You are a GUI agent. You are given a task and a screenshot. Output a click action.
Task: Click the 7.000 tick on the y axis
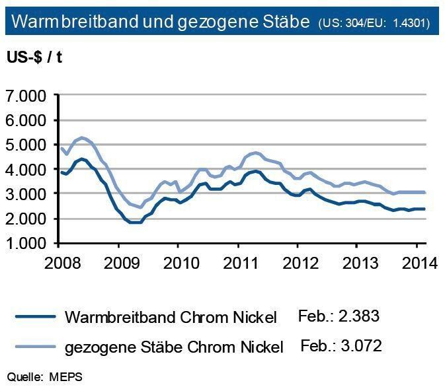(x=28, y=96)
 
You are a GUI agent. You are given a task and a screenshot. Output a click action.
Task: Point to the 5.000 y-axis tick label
(x=28, y=145)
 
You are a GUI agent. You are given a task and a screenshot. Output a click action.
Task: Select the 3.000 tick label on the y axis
(x=28, y=194)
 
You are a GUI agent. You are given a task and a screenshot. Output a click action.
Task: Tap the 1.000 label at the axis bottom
(x=28, y=243)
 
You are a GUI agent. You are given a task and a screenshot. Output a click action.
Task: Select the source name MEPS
(x=69, y=376)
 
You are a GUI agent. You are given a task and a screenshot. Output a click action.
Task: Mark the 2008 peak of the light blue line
(x=83, y=137)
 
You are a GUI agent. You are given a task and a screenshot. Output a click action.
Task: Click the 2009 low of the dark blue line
(x=135, y=222)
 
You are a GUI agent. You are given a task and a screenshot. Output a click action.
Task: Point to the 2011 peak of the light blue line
(x=255, y=153)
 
